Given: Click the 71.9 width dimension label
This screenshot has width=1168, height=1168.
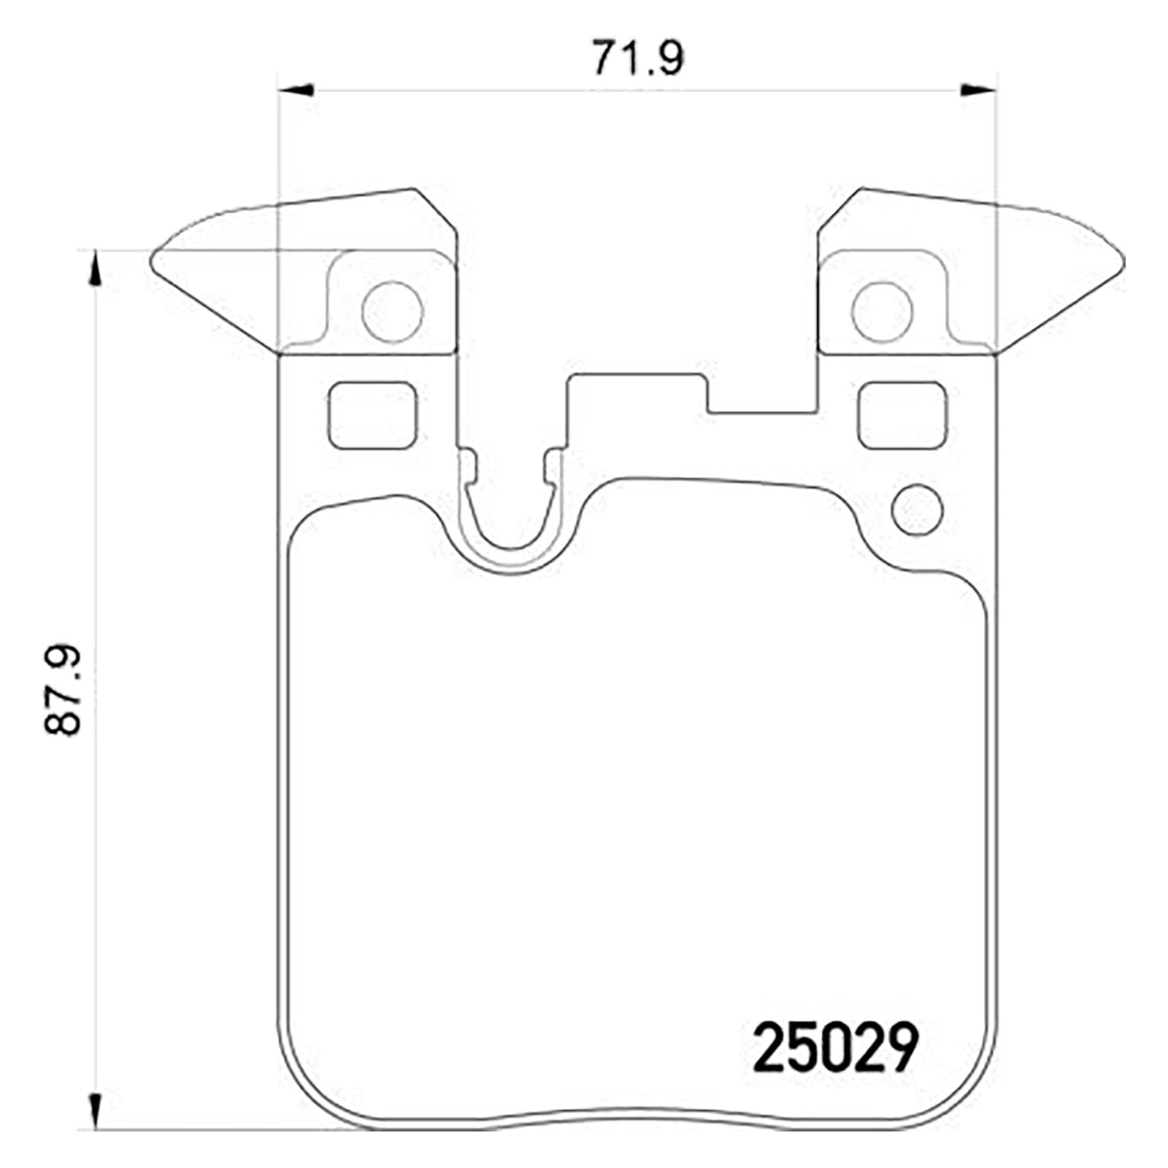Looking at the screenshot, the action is (637, 58).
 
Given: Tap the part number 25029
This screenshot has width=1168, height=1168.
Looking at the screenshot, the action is (834, 1048).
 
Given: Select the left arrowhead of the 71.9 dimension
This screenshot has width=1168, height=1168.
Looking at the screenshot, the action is (296, 90).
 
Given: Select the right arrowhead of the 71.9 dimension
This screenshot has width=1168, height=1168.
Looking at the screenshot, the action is (979, 90).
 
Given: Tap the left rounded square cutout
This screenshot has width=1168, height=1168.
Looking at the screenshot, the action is (372, 415).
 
